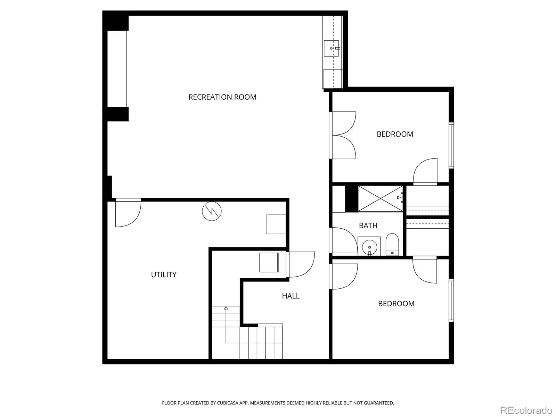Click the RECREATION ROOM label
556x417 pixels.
click(x=222, y=97)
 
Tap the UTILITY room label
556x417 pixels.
click(x=164, y=275)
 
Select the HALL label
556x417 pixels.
click(x=291, y=296)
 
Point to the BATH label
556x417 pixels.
click(x=368, y=225)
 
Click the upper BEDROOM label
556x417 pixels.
click(x=395, y=134)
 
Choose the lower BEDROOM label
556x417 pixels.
click(x=396, y=304)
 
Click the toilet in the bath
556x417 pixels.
click(x=392, y=245)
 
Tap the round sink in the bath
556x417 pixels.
click(x=369, y=246)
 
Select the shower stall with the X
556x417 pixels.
click(x=380, y=198)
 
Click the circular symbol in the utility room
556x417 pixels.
click(x=212, y=211)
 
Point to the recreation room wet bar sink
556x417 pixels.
click(x=331, y=48)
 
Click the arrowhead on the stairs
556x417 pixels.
click(x=226, y=308)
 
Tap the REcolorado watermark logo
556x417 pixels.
click(x=526, y=410)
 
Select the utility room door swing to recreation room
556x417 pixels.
click(x=128, y=213)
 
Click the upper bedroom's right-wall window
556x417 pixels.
click(x=451, y=145)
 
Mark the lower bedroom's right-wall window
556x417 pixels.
click(x=451, y=300)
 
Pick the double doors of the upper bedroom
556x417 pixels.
click(x=343, y=135)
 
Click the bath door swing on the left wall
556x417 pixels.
click(x=343, y=240)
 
